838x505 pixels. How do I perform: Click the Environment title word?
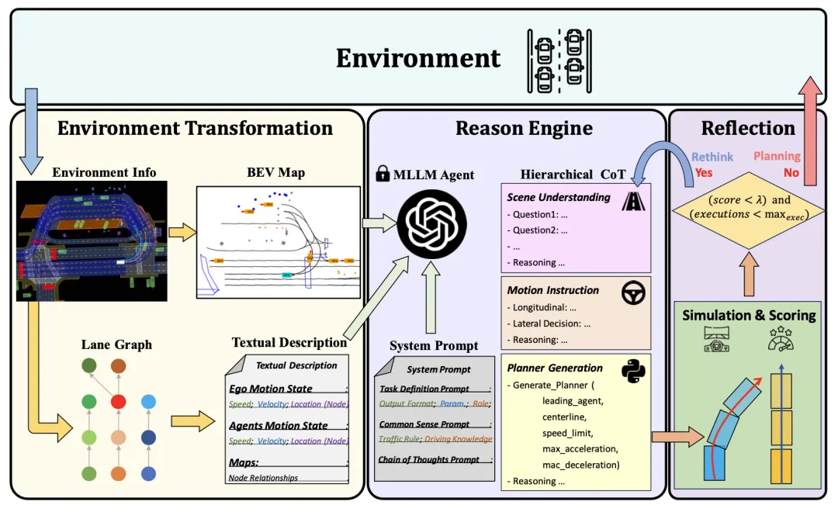[x=418, y=58]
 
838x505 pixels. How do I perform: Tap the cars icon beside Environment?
[x=558, y=60]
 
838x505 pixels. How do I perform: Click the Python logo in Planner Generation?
[x=633, y=370]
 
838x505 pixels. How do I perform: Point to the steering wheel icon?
[x=633, y=292]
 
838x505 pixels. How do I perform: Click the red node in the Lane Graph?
[x=119, y=401]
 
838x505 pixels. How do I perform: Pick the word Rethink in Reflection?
[x=712, y=157]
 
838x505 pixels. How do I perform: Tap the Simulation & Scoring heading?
[x=749, y=315]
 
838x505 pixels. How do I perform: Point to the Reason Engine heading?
[x=524, y=128]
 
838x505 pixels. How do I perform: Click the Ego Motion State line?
[x=271, y=389]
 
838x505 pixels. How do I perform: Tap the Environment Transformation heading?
[x=195, y=128]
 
